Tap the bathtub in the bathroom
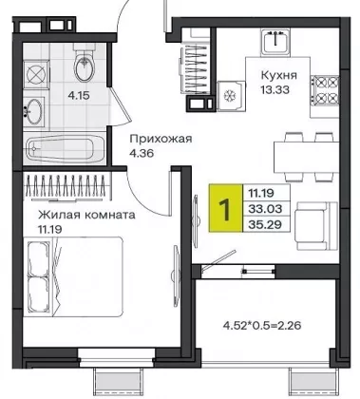(x=66, y=147)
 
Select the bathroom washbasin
(x=33, y=111)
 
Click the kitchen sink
(x=275, y=42)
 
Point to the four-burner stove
(x=325, y=90)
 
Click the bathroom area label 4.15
(x=79, y=95)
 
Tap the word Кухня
(x=279, y=75)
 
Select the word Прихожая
(x=161, y=139)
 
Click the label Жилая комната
(x=86, y=215)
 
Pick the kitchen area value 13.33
(x=275, y=90)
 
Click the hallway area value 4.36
(x=142, y=153)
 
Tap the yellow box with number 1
(x=225, y=208)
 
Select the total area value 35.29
(x=265, y=224)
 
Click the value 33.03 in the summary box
(x=265, y=209)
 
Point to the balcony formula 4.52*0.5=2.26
(x=262, y=325)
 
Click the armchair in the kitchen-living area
(x=316, y=225)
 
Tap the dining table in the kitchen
(x=307, y=157)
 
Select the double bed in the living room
(x=73, y=276)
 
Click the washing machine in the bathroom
(x=37, y=75)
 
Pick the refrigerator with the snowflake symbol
(x=232, y=96)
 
